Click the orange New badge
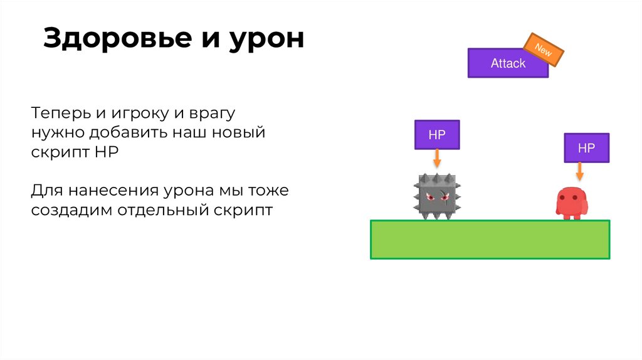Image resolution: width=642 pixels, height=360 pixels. (x=544, y=50)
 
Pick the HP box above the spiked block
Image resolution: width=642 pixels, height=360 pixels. (x=436, y=135)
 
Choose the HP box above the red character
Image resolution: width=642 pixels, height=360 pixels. (x=586, y=148)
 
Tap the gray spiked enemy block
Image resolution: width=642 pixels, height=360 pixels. (x=438, y=197)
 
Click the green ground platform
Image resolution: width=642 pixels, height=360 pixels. (x=490, y=239)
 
